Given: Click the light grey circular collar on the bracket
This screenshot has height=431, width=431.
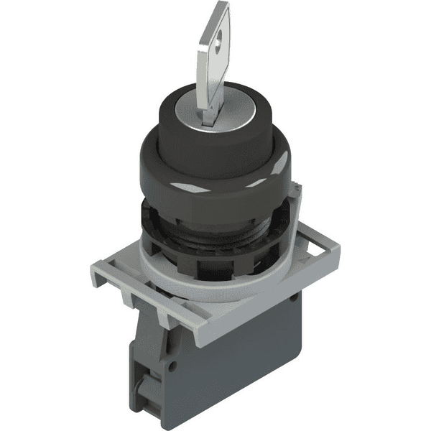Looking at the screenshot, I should pos(208,284).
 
